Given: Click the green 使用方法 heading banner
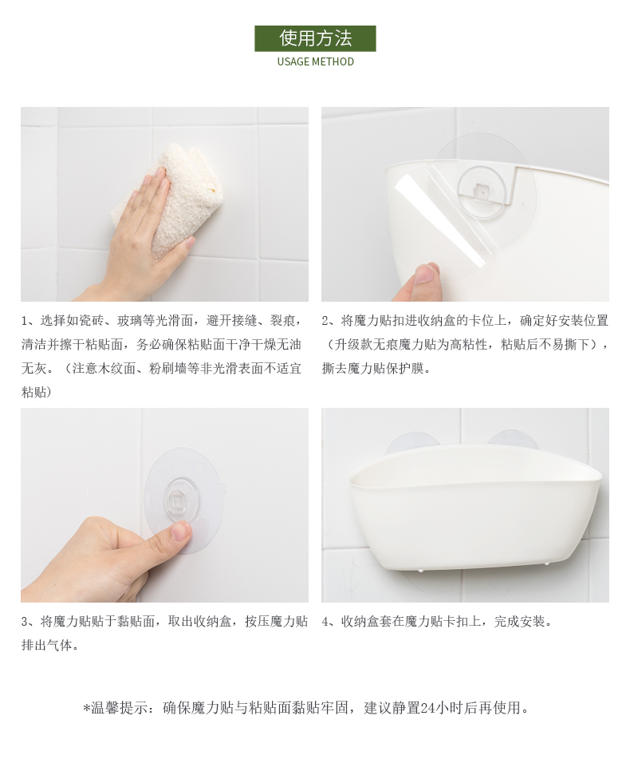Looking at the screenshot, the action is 315,38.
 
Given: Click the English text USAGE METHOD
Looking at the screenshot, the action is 315,61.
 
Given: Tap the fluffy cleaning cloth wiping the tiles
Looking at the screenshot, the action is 167,200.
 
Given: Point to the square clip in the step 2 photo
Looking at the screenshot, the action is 482,192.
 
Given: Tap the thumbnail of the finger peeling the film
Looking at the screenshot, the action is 424,274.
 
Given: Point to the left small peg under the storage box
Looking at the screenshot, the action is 423,569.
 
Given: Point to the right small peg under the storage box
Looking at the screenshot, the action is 546,564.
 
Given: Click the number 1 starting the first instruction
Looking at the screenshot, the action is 25,322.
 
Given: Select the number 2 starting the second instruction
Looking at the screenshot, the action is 325,322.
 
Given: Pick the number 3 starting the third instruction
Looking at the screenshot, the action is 25,623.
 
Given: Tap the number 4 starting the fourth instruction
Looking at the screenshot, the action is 325,623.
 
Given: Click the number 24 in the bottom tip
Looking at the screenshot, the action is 427,708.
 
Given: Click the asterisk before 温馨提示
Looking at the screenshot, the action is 86,708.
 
